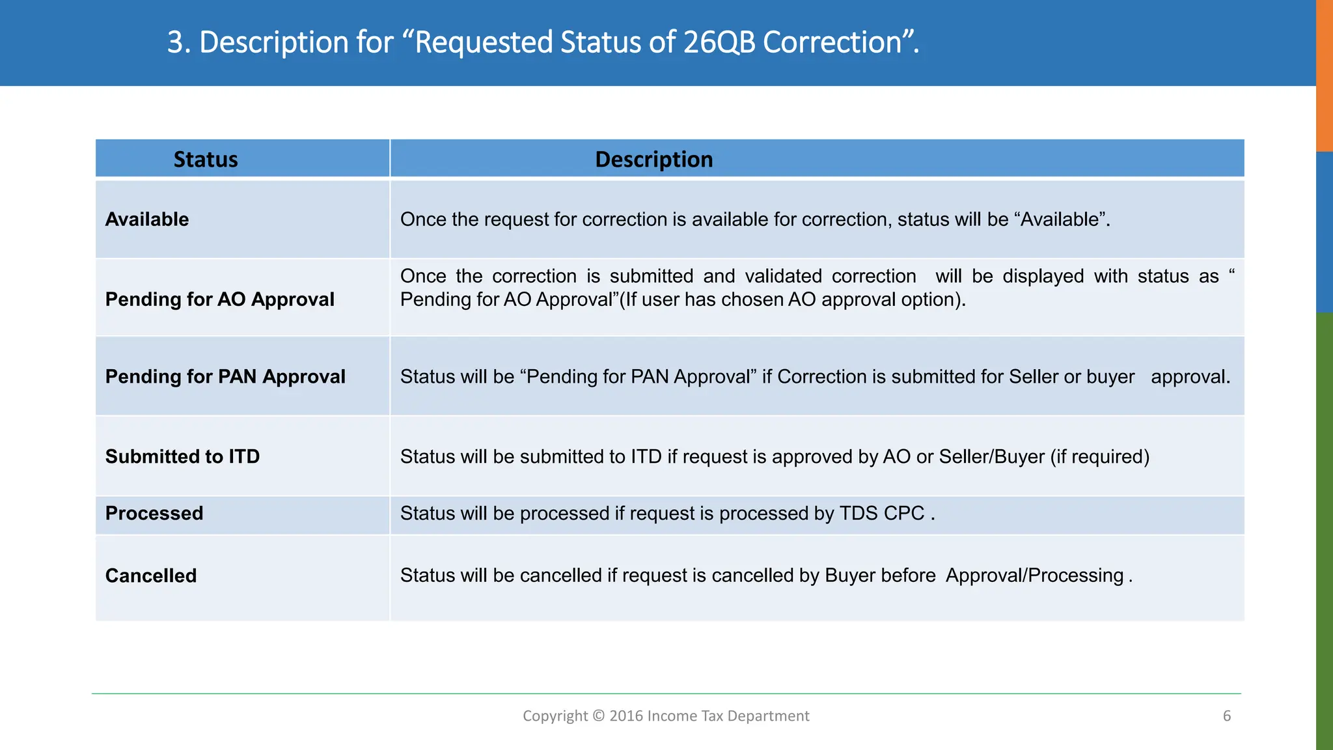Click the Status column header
point(206,160)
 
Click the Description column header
point(653,160)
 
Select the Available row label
point(147,219)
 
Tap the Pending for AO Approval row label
point(219,299)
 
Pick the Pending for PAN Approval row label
point(225,377)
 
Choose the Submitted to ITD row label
point(182,457)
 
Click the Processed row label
point(154,514)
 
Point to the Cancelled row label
point(151,576)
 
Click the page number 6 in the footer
point(1227,716)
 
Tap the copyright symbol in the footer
point(599,716)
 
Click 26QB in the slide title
point(719,43)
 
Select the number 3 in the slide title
point(175,43)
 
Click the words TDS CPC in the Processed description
point(882,514)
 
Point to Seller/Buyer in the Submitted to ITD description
point(992,457)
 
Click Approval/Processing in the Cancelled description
point(1035,576)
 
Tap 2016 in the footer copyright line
point(625,716)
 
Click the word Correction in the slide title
point(832,43)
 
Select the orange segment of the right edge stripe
point(1325,75)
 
